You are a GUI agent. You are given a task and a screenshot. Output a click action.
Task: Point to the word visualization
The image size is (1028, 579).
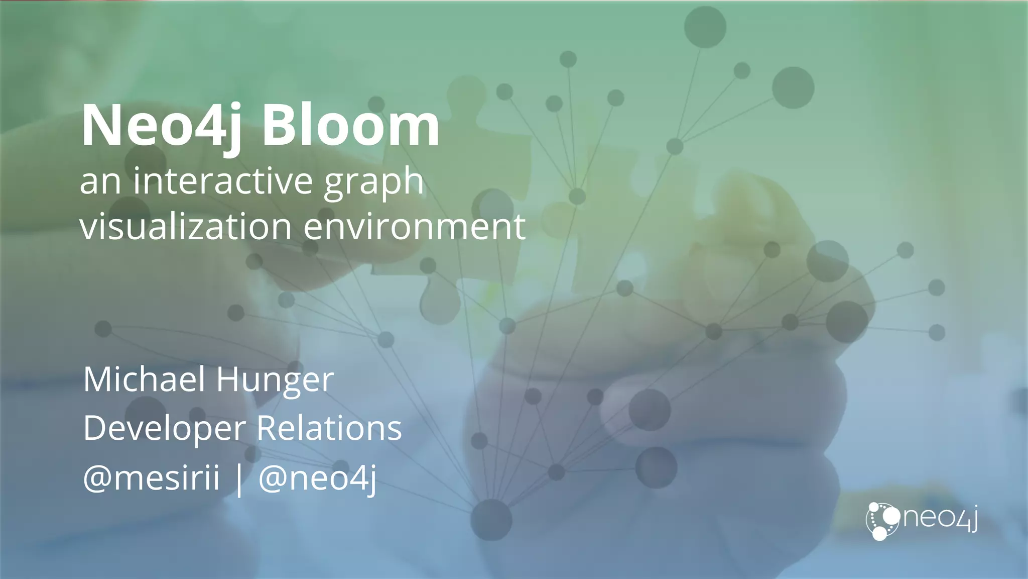pos(186,226)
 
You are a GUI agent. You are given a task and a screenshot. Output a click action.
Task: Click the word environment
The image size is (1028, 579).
pos(415,226)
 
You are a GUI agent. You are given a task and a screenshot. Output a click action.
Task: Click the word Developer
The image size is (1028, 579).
pos(165,429)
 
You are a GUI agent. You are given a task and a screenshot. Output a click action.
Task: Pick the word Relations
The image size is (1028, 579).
pos(329,428)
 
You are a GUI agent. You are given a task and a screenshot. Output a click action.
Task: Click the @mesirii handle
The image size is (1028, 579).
pos(152,477)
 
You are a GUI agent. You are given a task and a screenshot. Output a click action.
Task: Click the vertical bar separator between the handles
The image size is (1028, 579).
pos(239,478)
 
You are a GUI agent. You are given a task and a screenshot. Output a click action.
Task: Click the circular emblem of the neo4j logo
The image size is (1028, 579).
pos(882,521)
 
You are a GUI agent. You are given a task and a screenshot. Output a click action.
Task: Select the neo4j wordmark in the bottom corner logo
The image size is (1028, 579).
pos(940,518)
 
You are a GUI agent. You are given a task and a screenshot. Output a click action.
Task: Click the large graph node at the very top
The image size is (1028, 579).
pos(705,27)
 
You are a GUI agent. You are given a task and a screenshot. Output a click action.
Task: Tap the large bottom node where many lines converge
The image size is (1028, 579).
pos(491,520)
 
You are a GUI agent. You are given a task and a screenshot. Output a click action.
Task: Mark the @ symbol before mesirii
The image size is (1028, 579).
pos(97,478)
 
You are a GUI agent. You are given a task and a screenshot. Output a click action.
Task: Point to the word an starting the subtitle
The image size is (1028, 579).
pos(100,182)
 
